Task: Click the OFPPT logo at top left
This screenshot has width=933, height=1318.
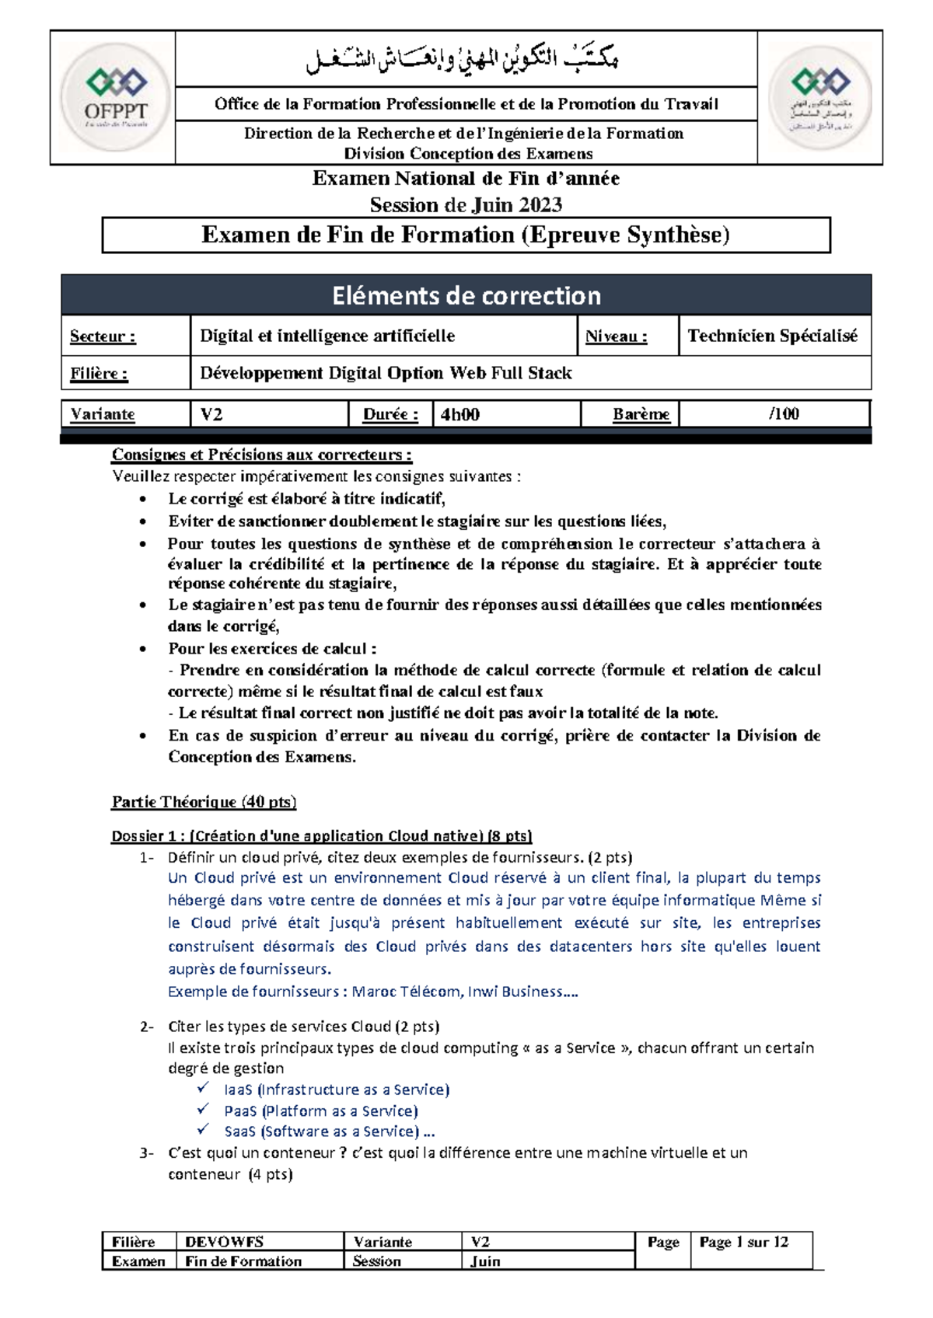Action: pyautogui.click(x=115, y=97)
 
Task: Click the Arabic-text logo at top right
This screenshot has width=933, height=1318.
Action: pyautogui.click(x=820, y=97)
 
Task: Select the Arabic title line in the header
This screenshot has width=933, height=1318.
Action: pyautogui.click(x=464, y=59)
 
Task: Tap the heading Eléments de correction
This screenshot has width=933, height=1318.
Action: pyautogui.click(x=466, y=296)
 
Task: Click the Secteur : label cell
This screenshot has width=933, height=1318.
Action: pyautogui.click(x=103, y=336)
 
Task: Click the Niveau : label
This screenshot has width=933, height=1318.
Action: pyautogui.click(x=616, y=336)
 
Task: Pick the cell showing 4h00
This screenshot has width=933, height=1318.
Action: pyautogui.click(x=460, y=414)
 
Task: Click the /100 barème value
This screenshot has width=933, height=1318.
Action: pyautogui.click(x=784, y=413)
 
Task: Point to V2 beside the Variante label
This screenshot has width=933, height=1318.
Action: pyautogui.click(x=211, y=414)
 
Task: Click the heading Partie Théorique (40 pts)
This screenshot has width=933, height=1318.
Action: pyautogui.click(x=204, y=801)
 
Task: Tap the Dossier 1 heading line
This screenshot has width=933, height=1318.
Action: pyautogui.click(x=321, y=836)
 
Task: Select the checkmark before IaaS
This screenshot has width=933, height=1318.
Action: pyautogui.click(x=203, y=1088)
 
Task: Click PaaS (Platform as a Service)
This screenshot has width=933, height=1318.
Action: pyautogui.click(x=320, y=1111)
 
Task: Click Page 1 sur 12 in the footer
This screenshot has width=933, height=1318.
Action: pyautogui.click(x=743, y=1242)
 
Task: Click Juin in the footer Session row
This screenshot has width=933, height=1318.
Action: pyautogui.click(x=485, y=1261)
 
